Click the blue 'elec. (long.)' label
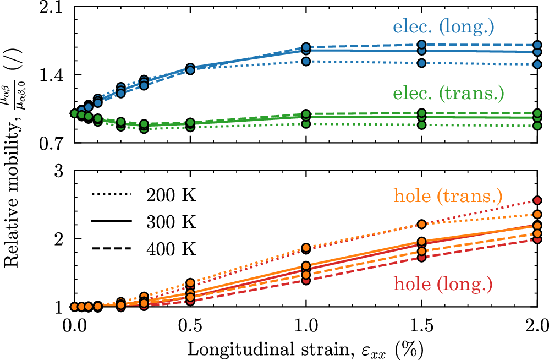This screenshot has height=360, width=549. (443, 26)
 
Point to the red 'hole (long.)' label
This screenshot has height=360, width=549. (442, 285)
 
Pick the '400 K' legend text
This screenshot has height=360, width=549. (171, 249)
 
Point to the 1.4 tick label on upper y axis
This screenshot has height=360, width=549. (54, 75)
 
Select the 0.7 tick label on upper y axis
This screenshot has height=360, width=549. (54, 143)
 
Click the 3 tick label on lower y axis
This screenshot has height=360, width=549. (60, 171)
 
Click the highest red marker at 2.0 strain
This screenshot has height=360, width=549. (537, 200)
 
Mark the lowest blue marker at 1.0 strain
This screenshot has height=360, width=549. (306, 61)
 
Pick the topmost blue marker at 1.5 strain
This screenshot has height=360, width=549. (422, 45)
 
